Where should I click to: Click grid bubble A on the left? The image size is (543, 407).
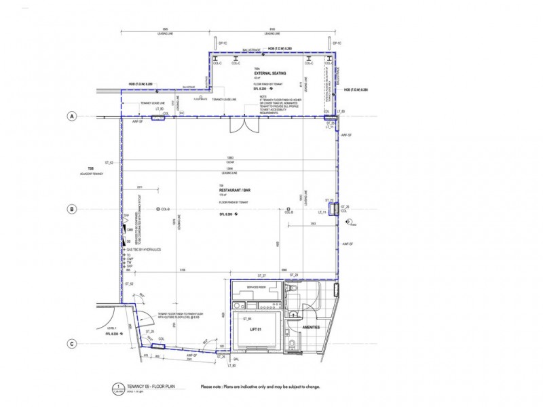click(x=71, y=117)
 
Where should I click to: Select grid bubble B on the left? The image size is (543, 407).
click(x=71, y=210)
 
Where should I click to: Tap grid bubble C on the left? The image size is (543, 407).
click(x=71, y=345)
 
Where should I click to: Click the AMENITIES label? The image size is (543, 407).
click(x=312, y=328)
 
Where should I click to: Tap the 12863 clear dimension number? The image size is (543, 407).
click(x=230, y=159)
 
